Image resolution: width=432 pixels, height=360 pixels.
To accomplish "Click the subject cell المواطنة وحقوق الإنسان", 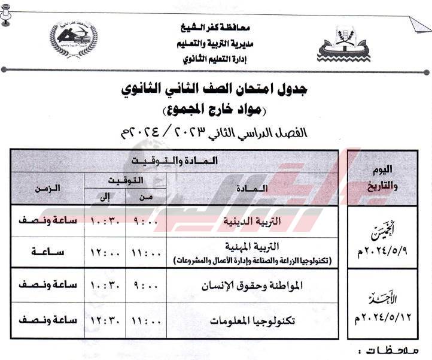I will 261,285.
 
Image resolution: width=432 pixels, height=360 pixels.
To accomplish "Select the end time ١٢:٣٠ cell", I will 106,319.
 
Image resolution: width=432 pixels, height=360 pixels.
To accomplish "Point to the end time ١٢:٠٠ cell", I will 106,253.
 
